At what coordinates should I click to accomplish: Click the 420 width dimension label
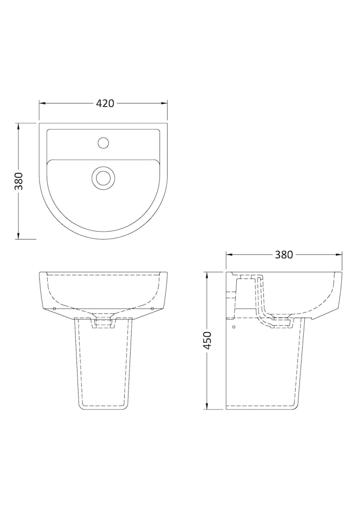coord(105,104)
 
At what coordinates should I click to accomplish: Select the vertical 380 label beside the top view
coord(19,181)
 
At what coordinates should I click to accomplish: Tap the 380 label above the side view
coord(284,254)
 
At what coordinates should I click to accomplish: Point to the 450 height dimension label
coord(208,340)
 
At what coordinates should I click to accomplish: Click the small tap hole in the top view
coord(104,142)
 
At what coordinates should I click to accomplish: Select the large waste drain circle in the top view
coord(103,177)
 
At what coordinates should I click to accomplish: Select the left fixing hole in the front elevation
coord(55,308)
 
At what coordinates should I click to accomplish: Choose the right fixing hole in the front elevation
coord(152,308)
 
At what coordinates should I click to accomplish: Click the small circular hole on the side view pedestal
coord(234,326)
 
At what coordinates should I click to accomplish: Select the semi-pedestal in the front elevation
coord(104,367)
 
